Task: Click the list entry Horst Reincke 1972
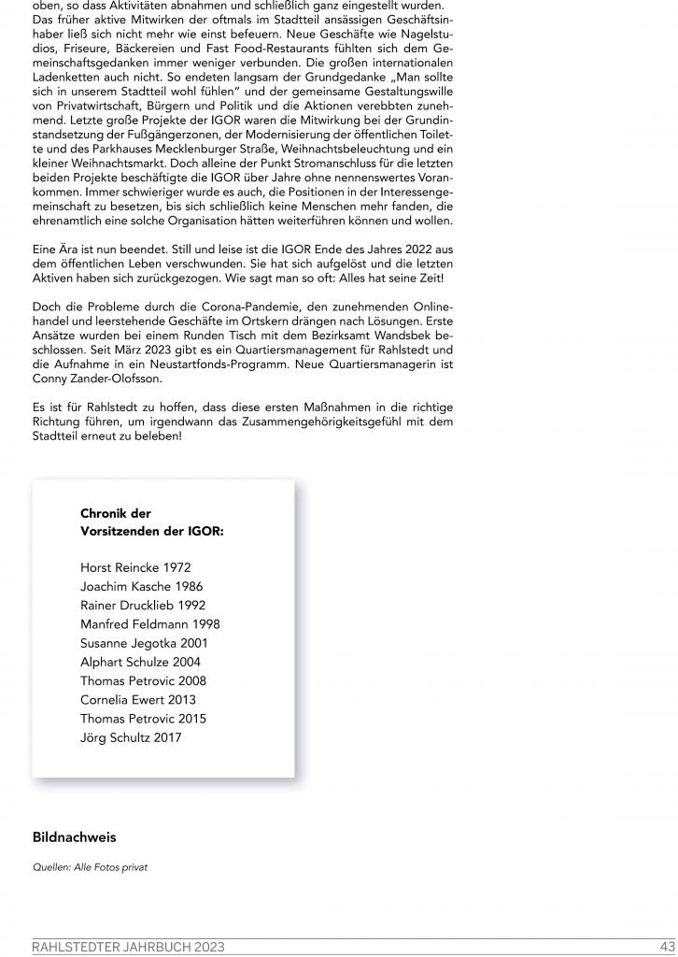pos(134,567)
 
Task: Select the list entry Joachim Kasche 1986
pos(141,587)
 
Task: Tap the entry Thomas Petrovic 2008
pos(143,681)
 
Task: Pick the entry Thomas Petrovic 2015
pos(143,719)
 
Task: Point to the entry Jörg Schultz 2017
pos(131,738)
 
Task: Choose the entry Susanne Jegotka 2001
pos(144,643)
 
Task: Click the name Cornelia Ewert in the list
pos(122,700)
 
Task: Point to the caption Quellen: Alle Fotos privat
pos(90,867)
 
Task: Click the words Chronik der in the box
pos(116,513)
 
